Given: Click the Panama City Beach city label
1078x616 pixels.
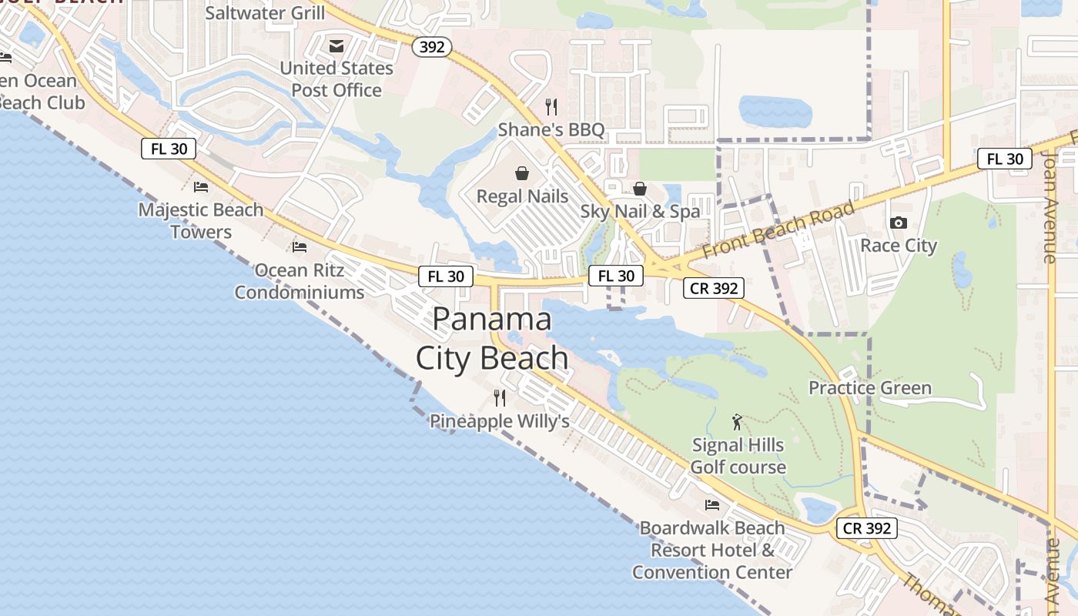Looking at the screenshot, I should click(x=492, y=339).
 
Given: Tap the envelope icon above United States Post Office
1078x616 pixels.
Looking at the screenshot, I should click(x=336, y=46).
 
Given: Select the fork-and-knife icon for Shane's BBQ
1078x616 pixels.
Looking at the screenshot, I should click(x=551, y=106).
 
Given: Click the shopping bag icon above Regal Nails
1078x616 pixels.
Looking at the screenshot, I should click(x=522, y=173).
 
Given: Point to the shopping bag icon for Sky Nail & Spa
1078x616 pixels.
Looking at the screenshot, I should click(x=640, y=189).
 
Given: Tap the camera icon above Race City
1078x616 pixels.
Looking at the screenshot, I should click(x=898, y=223).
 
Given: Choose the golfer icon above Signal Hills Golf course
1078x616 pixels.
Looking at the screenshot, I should click(x=738, y=422).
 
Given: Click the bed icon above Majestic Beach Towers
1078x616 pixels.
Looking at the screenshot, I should click(x=201, y=187).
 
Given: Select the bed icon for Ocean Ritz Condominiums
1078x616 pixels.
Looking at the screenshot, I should click(x=300, y=247).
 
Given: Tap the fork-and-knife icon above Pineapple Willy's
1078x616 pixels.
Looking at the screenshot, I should click(x=500, y=398).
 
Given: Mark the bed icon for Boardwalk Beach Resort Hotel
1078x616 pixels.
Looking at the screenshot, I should click(x=712, y=505).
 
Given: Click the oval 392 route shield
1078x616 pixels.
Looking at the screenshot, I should click(x=432, y=47).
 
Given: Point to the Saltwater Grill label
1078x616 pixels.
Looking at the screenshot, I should click(x=265, y=13).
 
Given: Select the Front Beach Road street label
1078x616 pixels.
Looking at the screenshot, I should click(x=778, y=229).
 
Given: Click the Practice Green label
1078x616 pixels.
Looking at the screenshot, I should click(x=870, y=387).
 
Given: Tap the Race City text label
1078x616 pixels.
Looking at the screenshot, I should click(x=899, y=246).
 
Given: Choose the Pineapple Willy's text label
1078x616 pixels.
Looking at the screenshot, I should click(x=500, y=421).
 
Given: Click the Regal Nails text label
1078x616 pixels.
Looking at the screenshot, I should click(x=522, y=196).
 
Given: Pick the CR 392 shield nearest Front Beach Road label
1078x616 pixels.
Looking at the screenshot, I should click(x=714, y=289).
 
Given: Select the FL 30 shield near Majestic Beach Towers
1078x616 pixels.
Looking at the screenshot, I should click(x=169, y=149).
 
